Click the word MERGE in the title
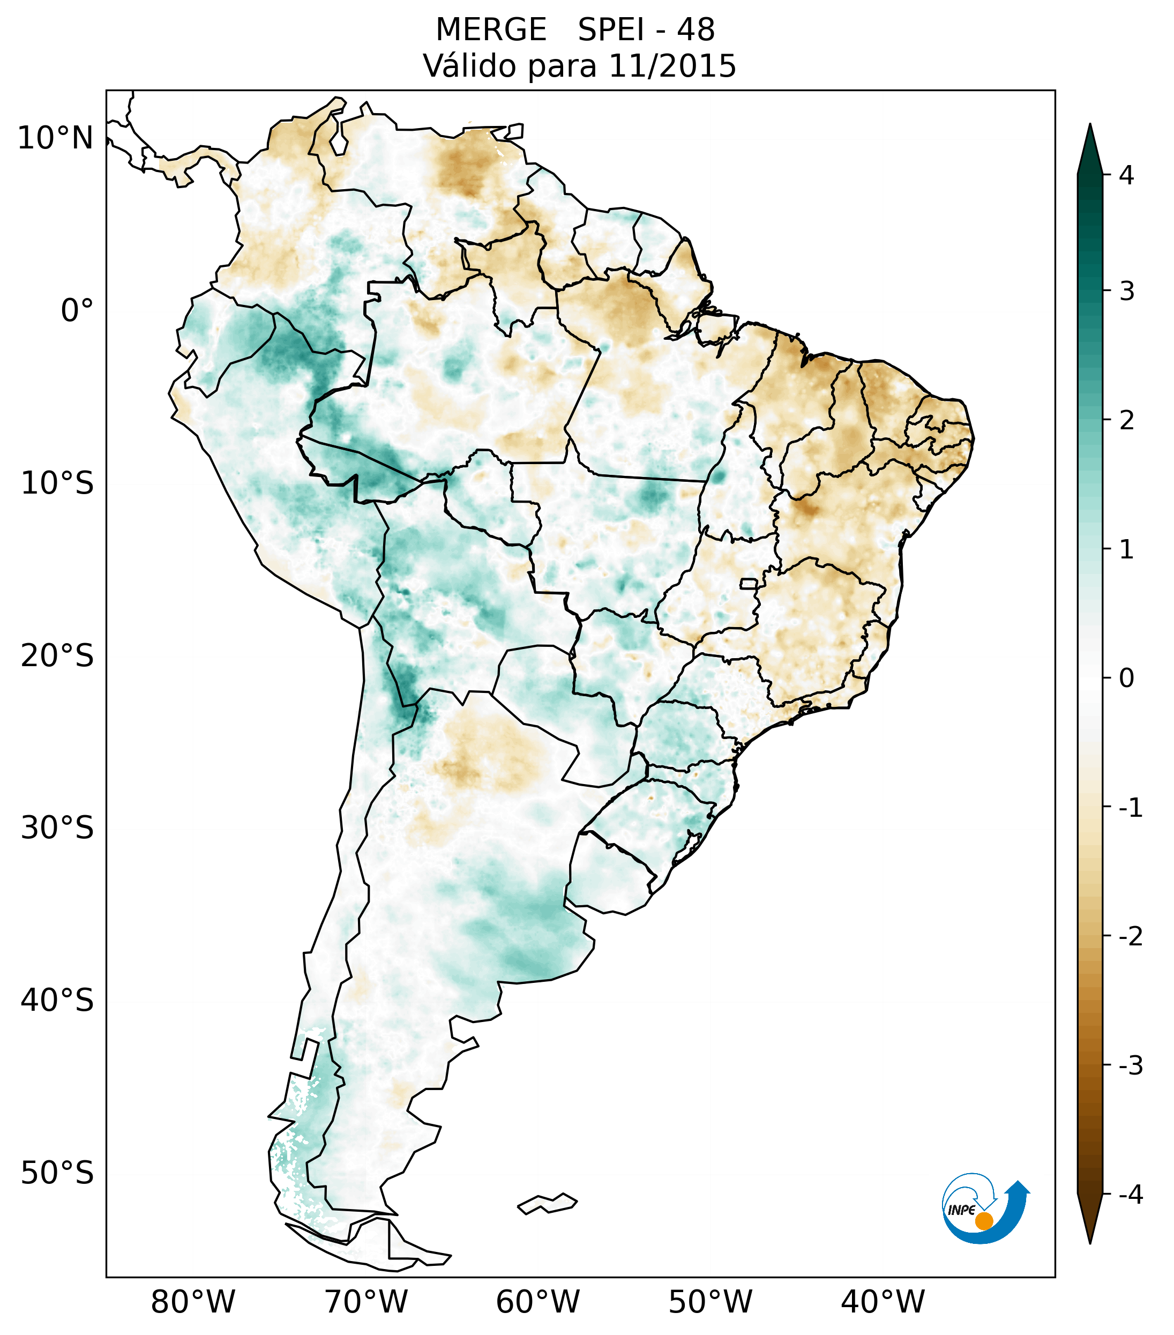tap(490, 30)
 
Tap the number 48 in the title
tap(696, 30)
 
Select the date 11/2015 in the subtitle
tap(672, 66)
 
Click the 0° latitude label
tap(77, 311)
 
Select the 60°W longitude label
tap(537, 1302)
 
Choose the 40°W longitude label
tap(883, 1302)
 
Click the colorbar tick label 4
tap(1126, 175)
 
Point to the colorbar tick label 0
tap(1126, 678)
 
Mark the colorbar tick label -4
tap(1130, 1195)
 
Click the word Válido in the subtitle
tap(469, 66)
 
